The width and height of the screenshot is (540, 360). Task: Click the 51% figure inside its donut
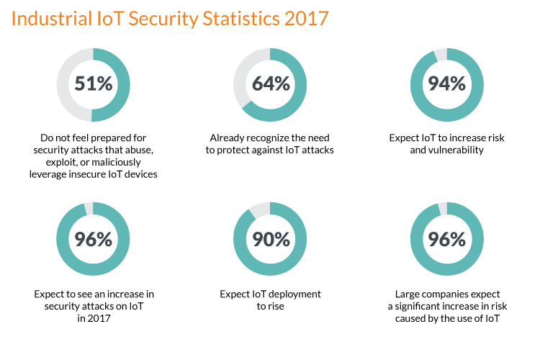click(x=94, y=84)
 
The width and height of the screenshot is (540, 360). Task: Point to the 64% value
click(x=271, y=84)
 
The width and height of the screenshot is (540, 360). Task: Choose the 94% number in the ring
click(x=446, y=84)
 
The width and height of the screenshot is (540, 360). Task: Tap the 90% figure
click(x=271, y=239)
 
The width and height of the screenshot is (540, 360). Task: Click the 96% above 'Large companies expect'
click(x=446, y=239)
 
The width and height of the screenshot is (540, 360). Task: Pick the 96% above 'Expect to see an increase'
click(x=94, y=239)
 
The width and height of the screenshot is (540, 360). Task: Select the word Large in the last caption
click(x=408, y=294)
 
